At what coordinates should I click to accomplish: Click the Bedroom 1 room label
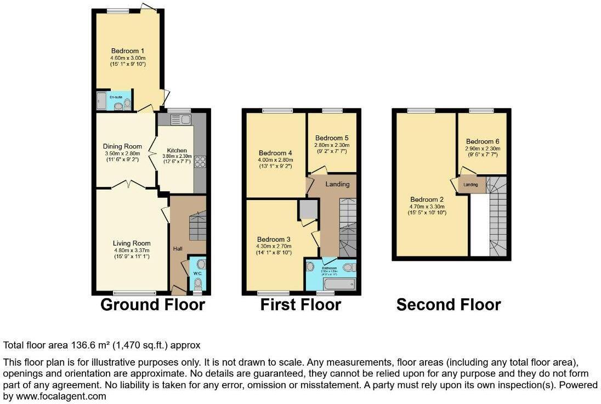tap(127, 51)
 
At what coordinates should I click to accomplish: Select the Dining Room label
tap(122, 146)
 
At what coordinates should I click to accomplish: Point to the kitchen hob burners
tap(200, 161)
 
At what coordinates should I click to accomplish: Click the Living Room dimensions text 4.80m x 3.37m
tap(132, 250)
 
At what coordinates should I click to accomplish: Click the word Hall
tap(178, 249)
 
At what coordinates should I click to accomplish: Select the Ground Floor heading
tap(152, 305)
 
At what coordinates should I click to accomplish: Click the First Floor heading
tap(300, 305)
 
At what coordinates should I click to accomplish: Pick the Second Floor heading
tap(449, 305)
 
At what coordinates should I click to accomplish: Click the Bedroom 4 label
tap(275, 152)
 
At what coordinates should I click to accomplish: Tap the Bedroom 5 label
tap(331, 138)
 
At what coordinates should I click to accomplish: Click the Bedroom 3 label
tap(274, 240)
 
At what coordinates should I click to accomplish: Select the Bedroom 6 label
tap(482, 141)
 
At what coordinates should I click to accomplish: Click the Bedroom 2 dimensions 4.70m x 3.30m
tap(428, 207)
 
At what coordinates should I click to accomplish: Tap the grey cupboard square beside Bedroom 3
tap(308, 209)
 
